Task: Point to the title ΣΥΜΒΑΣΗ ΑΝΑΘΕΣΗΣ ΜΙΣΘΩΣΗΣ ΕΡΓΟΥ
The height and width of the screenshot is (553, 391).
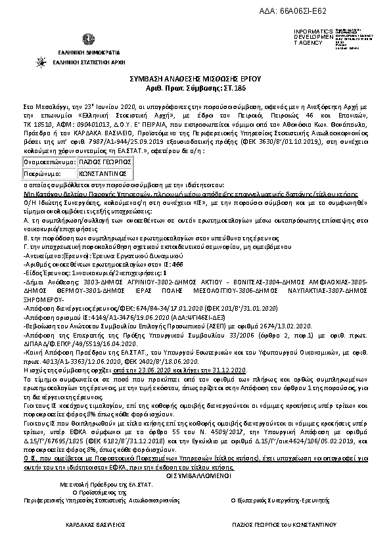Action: coord(195,78)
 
